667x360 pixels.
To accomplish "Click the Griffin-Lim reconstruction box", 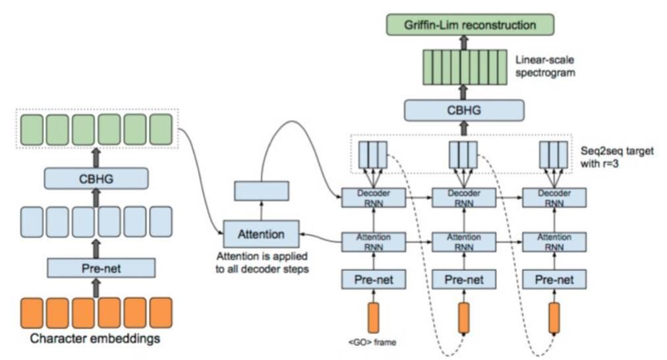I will (x=470, y=25).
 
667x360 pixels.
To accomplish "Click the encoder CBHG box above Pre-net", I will (x=96, y=177).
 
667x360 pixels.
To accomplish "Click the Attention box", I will (x=261, y=234).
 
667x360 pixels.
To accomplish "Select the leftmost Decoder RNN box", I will (x=373, y=198).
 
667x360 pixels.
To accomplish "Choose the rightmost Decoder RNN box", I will (x=554, y=198).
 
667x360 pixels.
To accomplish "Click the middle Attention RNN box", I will (x=464, y=241).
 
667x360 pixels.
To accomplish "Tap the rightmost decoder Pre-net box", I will (x=554, y=279).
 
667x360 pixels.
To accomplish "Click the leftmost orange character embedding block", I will (x=32, y=313).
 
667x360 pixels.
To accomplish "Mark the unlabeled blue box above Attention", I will (x=262, y=192).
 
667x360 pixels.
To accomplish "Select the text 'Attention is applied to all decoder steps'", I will (x=263, y=263).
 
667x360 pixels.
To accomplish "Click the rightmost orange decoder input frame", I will (x=554, y=318).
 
